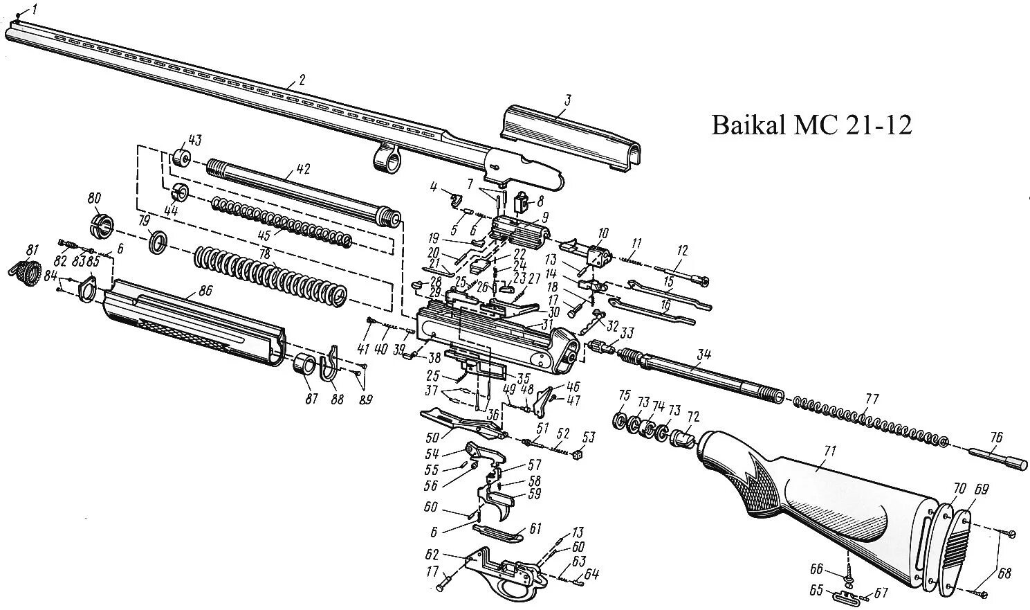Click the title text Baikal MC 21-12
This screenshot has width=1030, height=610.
click(x=812, y=125)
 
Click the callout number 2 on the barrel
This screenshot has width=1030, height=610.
click(x=302, y=80)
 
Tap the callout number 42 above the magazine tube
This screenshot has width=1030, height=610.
click(x=303, y=169)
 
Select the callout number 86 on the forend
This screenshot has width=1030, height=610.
click(x=205, y=292)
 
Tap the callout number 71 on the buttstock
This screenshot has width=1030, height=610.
click(x=829, y=451)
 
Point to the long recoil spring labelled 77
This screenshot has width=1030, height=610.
click(x=872, y=420)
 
